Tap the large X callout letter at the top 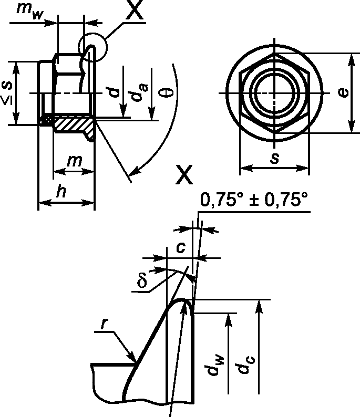135,9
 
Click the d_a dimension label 140,92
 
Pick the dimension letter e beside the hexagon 343,92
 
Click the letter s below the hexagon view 275,158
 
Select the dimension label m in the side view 75,160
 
